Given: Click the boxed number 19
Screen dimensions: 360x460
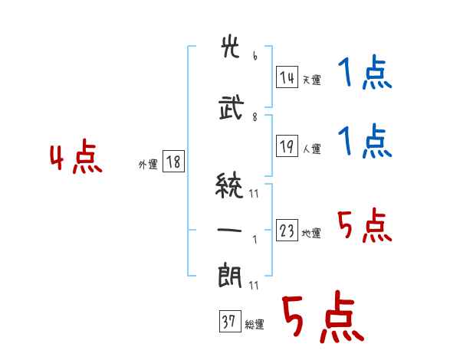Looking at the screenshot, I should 287,146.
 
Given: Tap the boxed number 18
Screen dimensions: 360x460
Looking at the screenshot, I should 173,162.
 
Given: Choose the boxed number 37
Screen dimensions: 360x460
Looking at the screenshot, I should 228,322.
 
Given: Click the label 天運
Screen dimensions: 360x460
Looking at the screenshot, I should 311,80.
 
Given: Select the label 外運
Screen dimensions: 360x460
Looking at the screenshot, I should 148,164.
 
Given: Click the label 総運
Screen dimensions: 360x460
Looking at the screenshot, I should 254,325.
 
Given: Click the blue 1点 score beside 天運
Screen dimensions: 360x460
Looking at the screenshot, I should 364,74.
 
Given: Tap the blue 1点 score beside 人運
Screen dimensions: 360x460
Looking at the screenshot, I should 364,142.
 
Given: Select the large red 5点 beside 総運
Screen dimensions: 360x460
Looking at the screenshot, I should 322,319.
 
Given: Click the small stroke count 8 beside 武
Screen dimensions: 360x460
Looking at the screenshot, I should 255,117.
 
